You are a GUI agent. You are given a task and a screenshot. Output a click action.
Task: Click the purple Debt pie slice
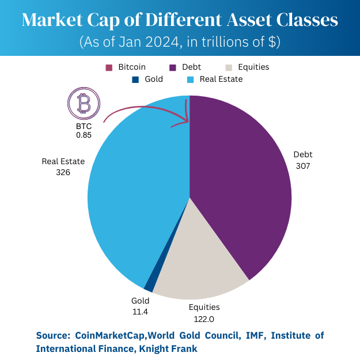tap(242, 184)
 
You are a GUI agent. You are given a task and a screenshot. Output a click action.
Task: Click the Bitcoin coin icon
tap(84, 104)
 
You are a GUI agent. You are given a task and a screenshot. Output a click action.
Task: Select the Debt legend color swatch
tap(172, 67)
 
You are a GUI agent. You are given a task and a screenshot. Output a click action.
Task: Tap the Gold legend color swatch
tap(135, 79)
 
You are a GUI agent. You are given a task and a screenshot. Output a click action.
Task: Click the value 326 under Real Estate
tap(63, 172)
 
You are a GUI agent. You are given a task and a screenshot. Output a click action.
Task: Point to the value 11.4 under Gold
tap(141, 311)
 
